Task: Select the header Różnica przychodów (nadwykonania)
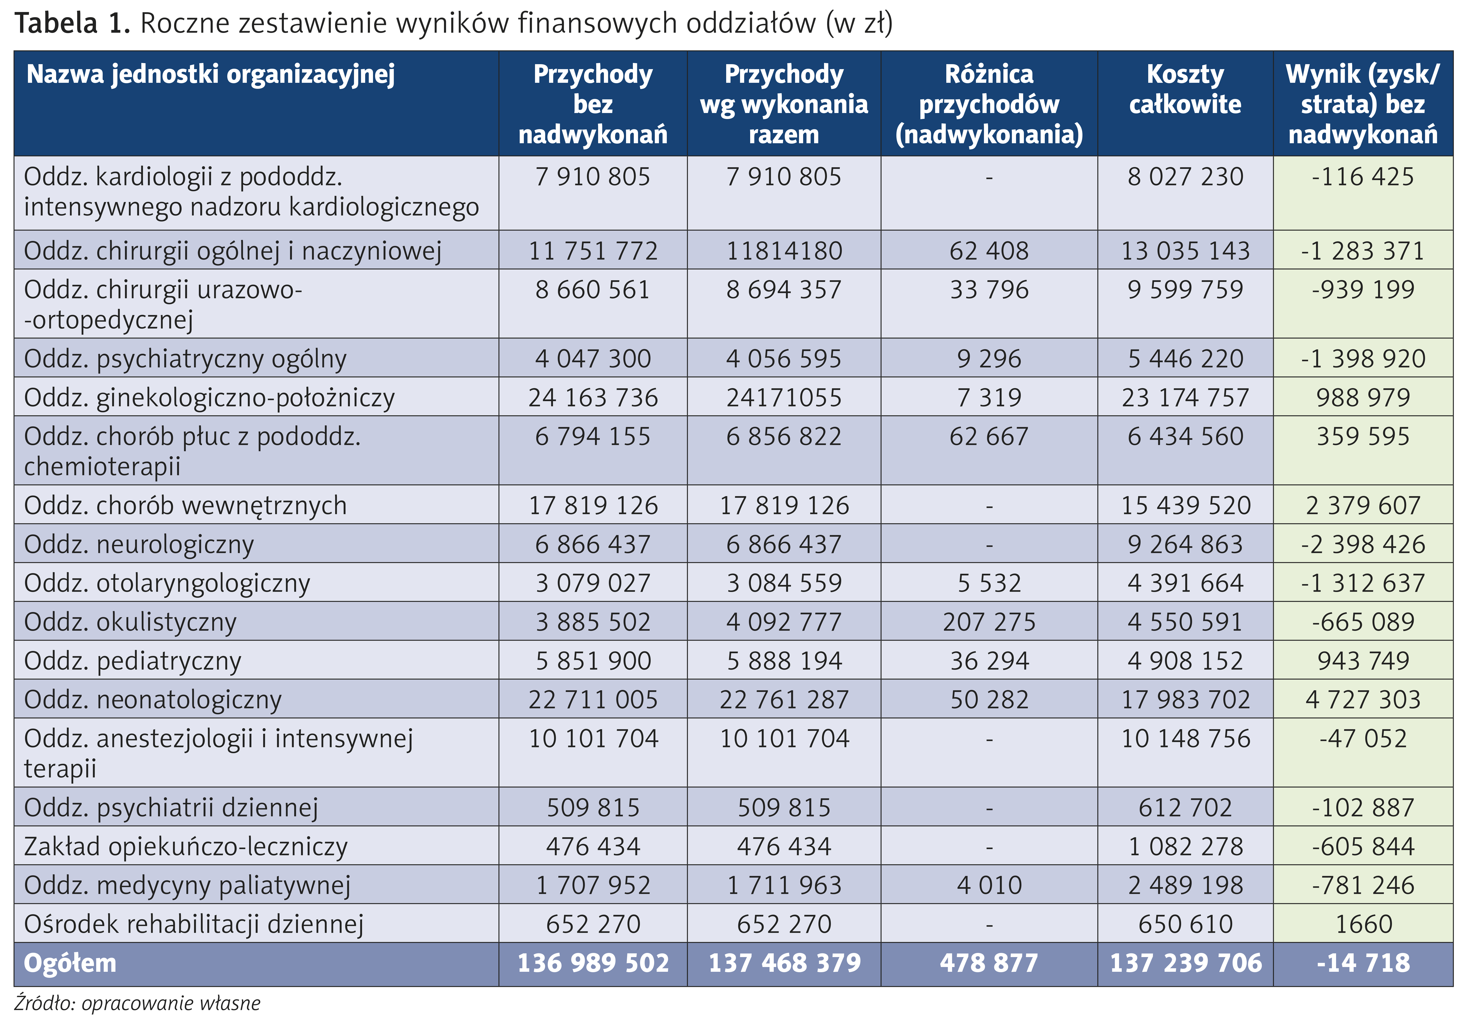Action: tap(989, 104)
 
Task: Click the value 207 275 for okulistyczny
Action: tap(989, 622)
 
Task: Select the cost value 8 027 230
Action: tap(1185, 176)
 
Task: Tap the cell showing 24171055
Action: tap(784, 397)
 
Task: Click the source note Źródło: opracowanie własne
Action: tap(137, 1003)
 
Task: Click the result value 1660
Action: tap(1363, 924)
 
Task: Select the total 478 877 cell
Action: tap(989, 963)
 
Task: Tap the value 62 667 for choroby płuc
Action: tap(989, 436)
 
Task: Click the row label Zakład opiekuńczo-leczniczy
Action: tap(186, 847)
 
